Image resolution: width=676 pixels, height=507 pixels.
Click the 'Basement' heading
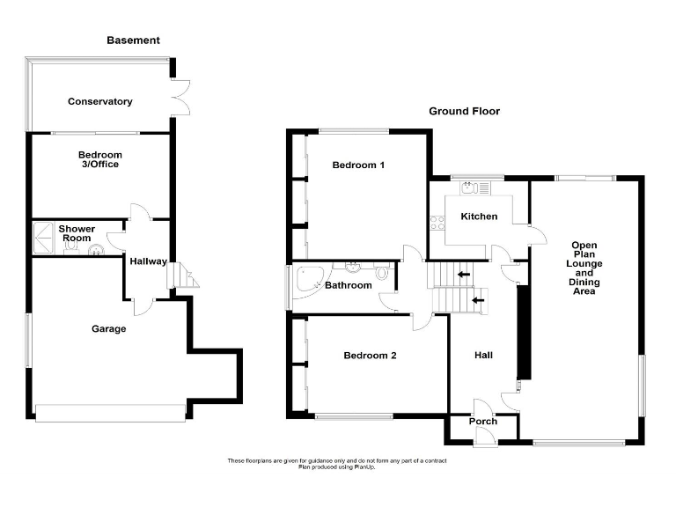(133, 40)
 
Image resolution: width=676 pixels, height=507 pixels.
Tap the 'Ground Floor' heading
(464, 112)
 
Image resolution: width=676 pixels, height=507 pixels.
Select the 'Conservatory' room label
(100, 102)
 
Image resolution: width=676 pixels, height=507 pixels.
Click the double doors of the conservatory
(180, 96)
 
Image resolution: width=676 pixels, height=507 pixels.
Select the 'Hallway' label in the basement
(148, 261)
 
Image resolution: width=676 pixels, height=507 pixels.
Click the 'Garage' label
(109, 329)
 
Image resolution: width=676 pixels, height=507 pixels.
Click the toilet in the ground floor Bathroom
(381, 285)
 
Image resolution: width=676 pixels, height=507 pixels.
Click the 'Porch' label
(482, 422)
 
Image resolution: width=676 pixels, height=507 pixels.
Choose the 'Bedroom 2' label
(370, 356)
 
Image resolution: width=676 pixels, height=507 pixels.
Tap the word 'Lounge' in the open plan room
(584, 264)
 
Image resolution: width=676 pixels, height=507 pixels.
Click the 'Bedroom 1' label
(358, 165)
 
